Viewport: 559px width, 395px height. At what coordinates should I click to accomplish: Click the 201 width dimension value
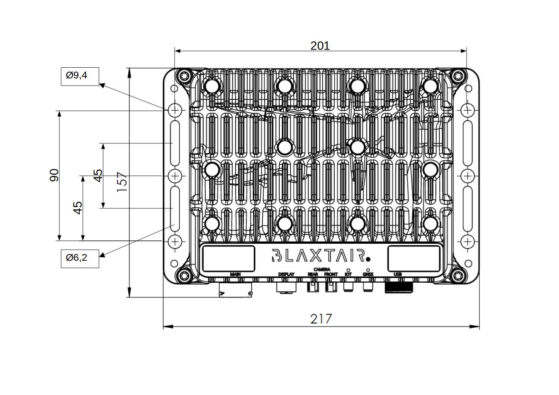coord(320,46)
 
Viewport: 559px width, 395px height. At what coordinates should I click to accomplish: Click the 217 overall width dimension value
coord(321,319)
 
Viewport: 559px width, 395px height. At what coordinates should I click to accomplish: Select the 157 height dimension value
coord(122,182)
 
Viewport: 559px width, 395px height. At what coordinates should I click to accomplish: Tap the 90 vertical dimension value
coord(54,175)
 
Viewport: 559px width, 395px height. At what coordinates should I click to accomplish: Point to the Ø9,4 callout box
coord(80,76)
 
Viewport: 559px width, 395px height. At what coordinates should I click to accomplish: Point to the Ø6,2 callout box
coord(80,258)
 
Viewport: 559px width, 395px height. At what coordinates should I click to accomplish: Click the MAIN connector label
coord(235,274)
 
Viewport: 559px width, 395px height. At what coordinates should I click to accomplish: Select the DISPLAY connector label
coord(286,274)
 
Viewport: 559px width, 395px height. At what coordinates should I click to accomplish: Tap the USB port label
coord(398,274)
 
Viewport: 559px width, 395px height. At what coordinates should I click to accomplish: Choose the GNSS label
coord(368,274)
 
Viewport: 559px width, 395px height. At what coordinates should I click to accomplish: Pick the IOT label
coord(348,274)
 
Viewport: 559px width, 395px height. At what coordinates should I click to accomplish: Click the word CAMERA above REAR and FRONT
coord(322,270)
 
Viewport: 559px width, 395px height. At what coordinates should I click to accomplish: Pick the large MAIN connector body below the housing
coord(235,289)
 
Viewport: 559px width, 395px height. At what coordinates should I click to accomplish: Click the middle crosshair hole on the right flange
coord(468,176)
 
